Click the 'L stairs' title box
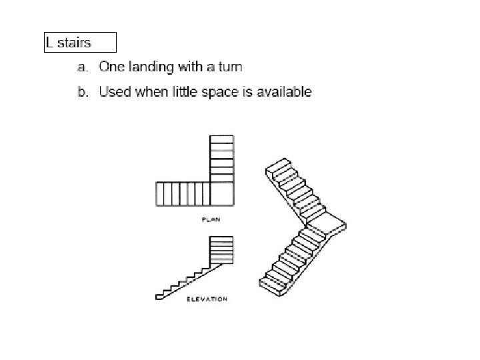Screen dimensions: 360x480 pyautogui.click(x=79, y=42)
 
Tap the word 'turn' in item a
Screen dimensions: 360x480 pyautogui.click(x=229, y=67)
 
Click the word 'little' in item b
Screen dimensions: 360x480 pyautogui.click(x=181, y=91)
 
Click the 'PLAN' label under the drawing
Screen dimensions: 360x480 pyautogui.click(x=211, y=219)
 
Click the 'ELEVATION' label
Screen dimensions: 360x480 pyautogui.click(x=207, y=299)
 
